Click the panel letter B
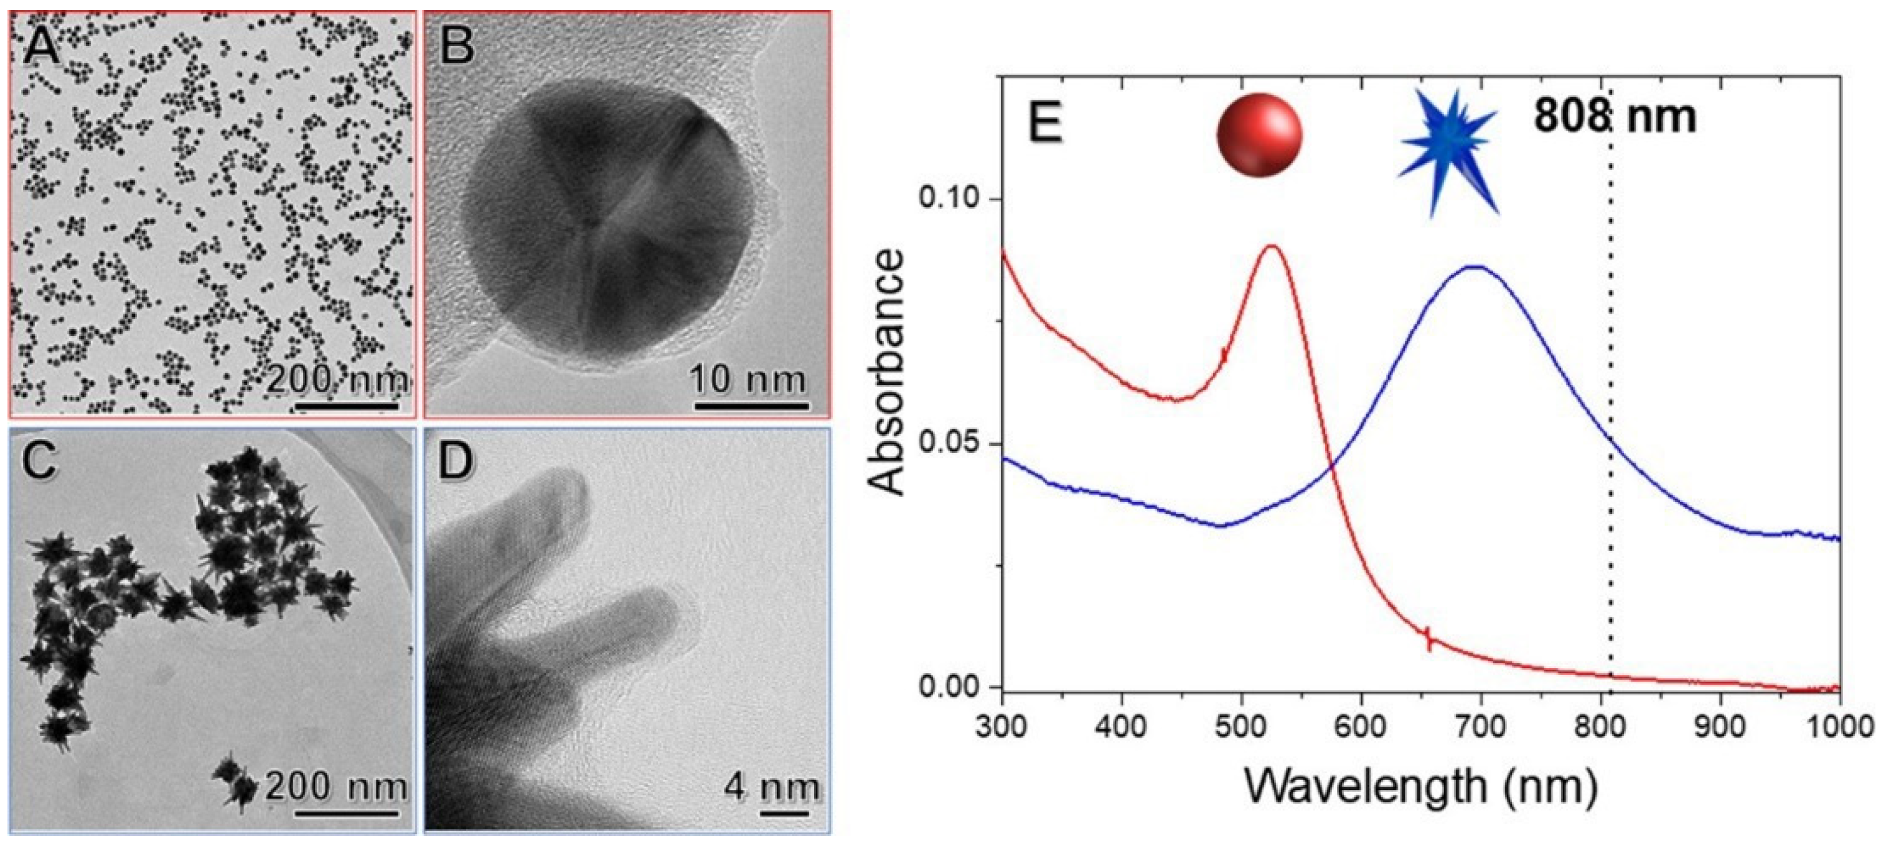[457, 45]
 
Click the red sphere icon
[1260, 136]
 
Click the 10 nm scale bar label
[749, 379]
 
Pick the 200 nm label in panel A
[336, 379]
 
